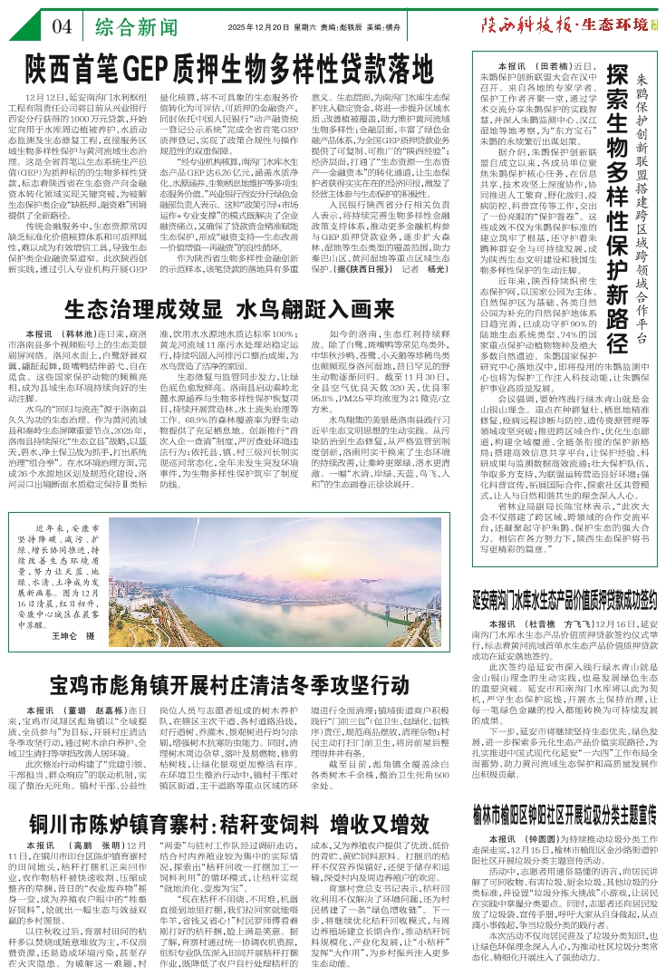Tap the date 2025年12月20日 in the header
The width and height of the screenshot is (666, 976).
point(257,27)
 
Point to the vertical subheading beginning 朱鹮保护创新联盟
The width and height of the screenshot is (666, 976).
point(649,208)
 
